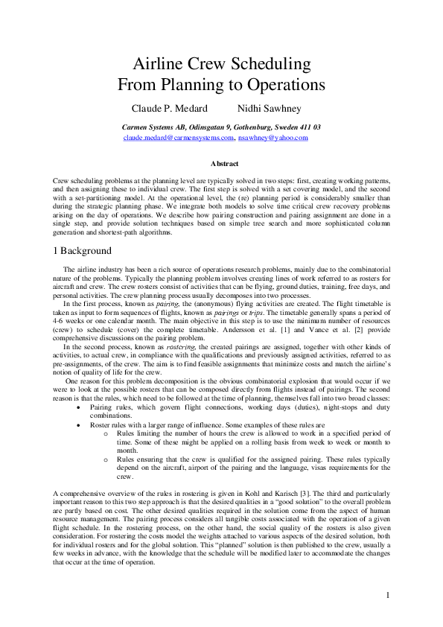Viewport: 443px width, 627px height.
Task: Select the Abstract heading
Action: pos(224,163)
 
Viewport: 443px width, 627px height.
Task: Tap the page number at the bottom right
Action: pos(389,594)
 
